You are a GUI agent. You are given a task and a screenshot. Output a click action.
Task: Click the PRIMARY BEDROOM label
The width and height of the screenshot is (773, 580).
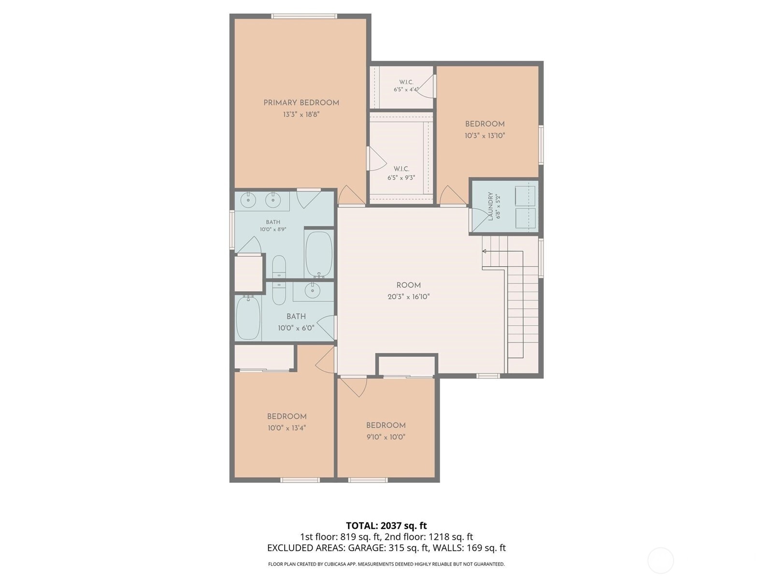(x=301, y=103)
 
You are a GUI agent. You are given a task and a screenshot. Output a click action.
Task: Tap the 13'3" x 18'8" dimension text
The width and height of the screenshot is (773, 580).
(x=301, y=115)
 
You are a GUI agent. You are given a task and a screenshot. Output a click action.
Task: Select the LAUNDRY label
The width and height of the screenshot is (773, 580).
(x=490, y=206)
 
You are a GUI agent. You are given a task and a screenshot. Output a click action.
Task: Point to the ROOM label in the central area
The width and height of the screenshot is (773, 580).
(x=409, y=285)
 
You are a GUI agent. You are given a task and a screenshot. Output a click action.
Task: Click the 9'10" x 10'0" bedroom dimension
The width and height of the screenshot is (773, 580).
(x=386, y=437)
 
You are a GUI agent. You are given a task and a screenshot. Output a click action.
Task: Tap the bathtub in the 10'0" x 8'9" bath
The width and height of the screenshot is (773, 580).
(x=319, y=255)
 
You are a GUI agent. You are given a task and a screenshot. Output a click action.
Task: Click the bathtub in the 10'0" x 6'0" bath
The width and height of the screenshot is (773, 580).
(x=248, y=318)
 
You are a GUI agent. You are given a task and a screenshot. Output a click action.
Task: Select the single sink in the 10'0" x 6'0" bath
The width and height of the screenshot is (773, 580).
(x=312, y=291)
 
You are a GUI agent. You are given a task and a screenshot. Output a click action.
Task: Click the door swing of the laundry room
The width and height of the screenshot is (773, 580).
(x=478, y=220)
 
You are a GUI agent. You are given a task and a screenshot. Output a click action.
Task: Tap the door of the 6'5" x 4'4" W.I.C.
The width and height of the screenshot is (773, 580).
(x=427, y=86)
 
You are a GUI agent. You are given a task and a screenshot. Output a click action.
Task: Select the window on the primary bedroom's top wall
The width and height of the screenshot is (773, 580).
(x=304, y=16)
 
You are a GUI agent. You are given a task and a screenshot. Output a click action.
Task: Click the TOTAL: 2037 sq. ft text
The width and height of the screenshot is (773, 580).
(x=386, y=526)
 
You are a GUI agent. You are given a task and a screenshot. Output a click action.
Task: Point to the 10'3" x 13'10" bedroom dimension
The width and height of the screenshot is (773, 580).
(x=485, y=136)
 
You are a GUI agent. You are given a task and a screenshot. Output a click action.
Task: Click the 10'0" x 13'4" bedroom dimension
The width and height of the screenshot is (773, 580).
(x=286, y=428)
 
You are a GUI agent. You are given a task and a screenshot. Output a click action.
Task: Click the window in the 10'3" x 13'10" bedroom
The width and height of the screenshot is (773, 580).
(x=541, y=145)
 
